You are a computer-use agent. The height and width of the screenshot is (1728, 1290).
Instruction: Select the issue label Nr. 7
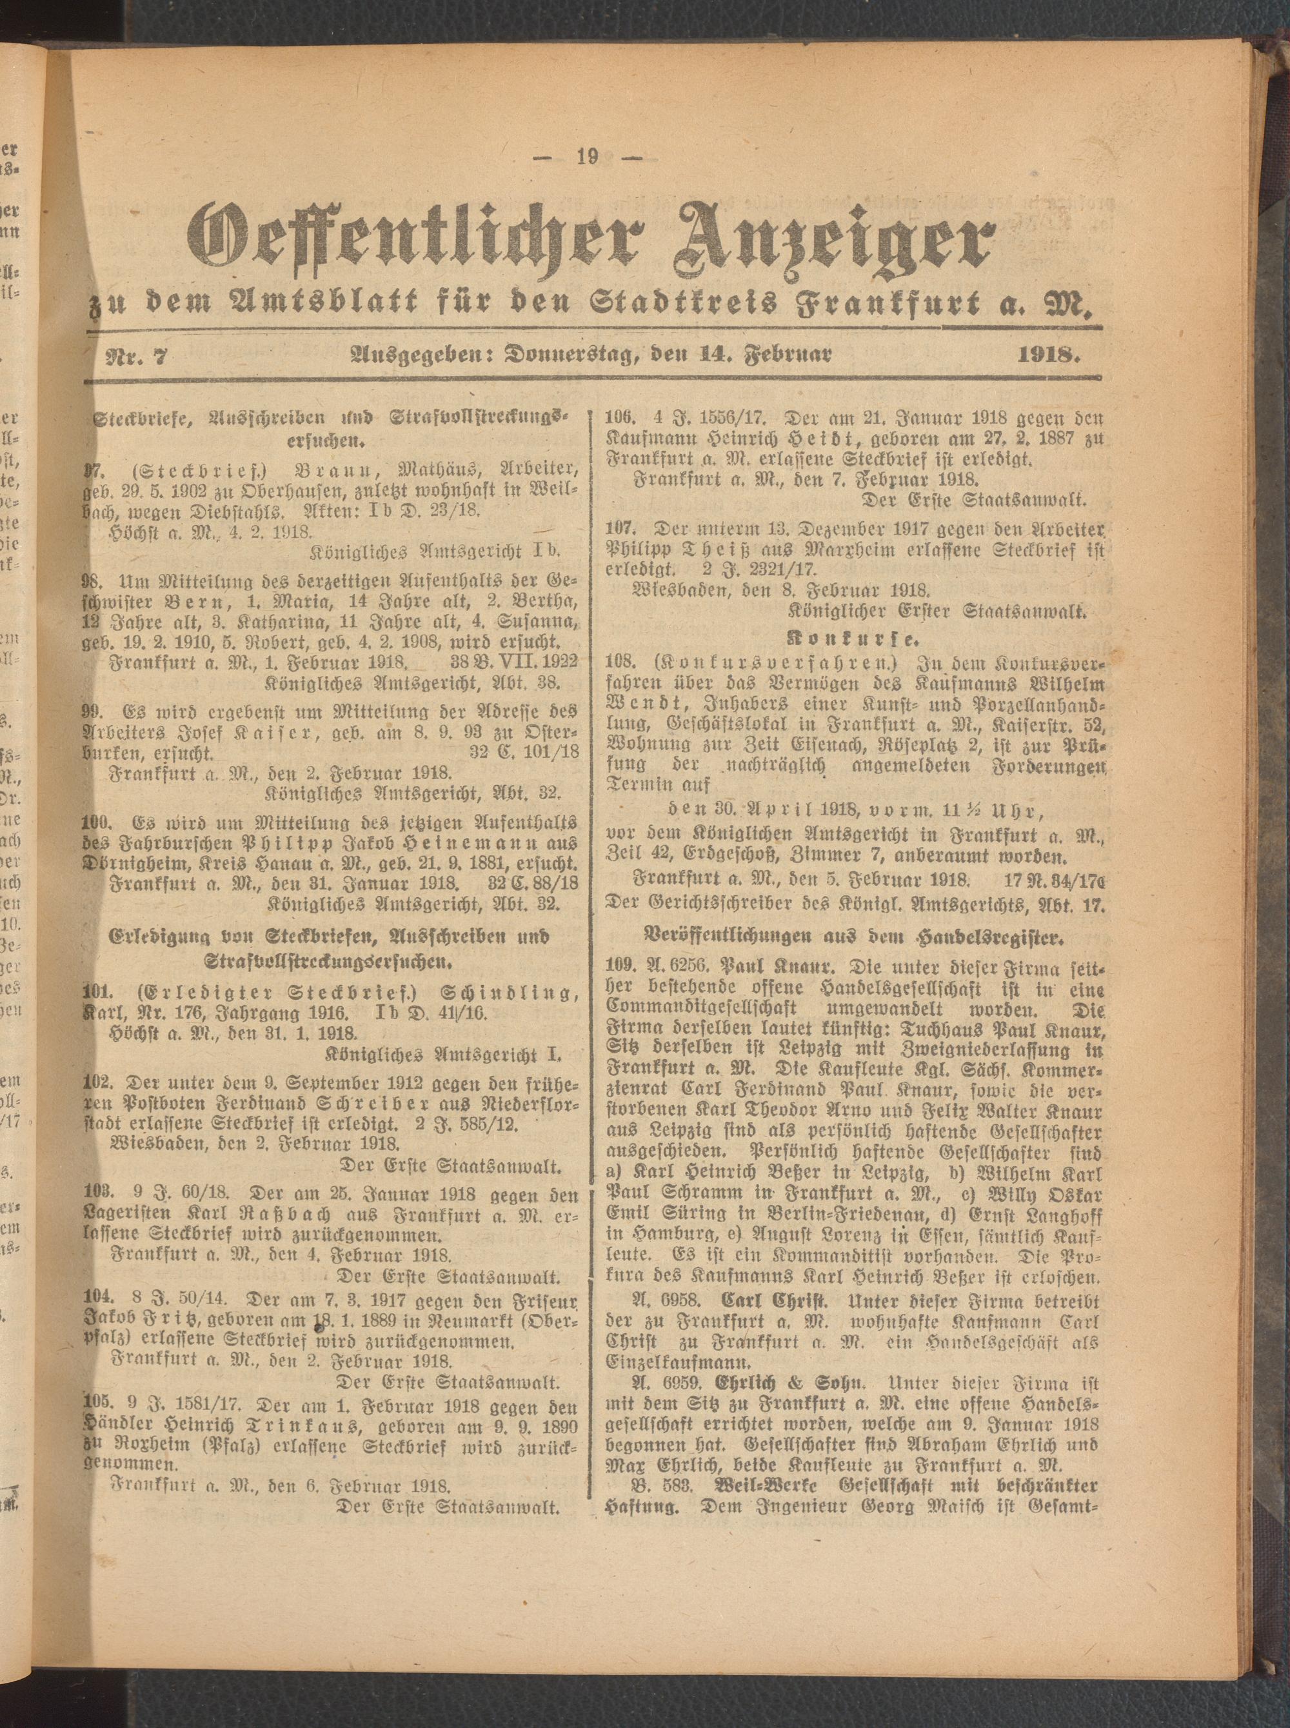(132, 356)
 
